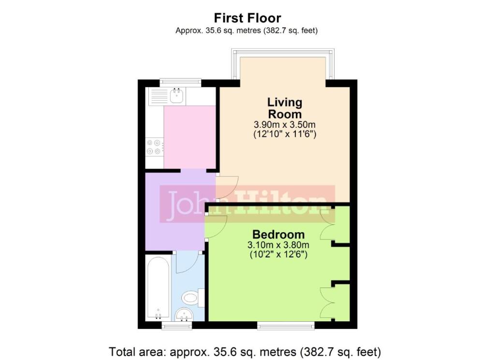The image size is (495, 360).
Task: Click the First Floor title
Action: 247,18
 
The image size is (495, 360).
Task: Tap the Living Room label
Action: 285,108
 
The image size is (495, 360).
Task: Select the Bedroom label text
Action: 278,235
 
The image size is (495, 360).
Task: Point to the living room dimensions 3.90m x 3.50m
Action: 285,124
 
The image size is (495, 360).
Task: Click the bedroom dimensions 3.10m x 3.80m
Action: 278,245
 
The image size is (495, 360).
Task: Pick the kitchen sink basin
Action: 176,95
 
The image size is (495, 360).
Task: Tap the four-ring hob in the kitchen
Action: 154,147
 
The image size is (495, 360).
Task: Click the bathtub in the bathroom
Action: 158,288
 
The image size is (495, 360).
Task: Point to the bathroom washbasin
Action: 184,315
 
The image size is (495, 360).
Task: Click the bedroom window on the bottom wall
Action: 286,326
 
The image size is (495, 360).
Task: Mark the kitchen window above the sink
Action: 180,82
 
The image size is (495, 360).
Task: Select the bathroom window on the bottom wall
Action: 177,326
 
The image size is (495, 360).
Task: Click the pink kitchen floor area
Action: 189,137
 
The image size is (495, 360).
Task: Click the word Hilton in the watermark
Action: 282,204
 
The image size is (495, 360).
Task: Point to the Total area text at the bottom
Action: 245,352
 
